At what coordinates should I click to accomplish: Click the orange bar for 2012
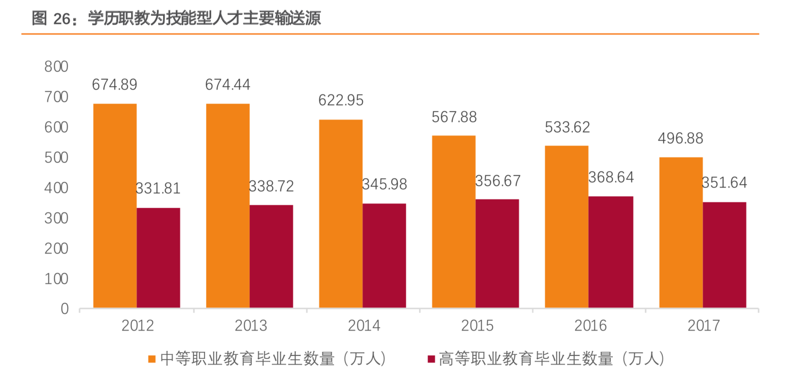[115, 205]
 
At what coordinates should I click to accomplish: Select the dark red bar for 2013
[271, 256]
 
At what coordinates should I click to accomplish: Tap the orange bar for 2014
[340, 214]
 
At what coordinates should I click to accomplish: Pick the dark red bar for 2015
[497, 253]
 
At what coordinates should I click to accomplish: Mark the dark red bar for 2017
[724, 255]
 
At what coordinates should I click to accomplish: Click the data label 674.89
[114, 85]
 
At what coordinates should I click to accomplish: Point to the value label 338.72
[271, 186]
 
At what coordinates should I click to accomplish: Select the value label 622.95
[341, 100]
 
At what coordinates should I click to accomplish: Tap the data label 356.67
[498, 181]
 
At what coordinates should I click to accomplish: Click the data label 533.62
[567, 127]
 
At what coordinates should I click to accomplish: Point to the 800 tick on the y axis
[56, 67]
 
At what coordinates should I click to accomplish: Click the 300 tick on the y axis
[56, 218]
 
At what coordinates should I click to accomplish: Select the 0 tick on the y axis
[64, 309]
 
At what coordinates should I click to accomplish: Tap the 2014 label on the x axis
[364, 326]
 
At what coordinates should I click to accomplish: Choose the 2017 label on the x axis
[704, 326]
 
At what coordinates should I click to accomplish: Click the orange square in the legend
[152, 359]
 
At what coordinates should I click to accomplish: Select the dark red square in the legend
[431, 359]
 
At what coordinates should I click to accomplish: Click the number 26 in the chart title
[62, 18]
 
